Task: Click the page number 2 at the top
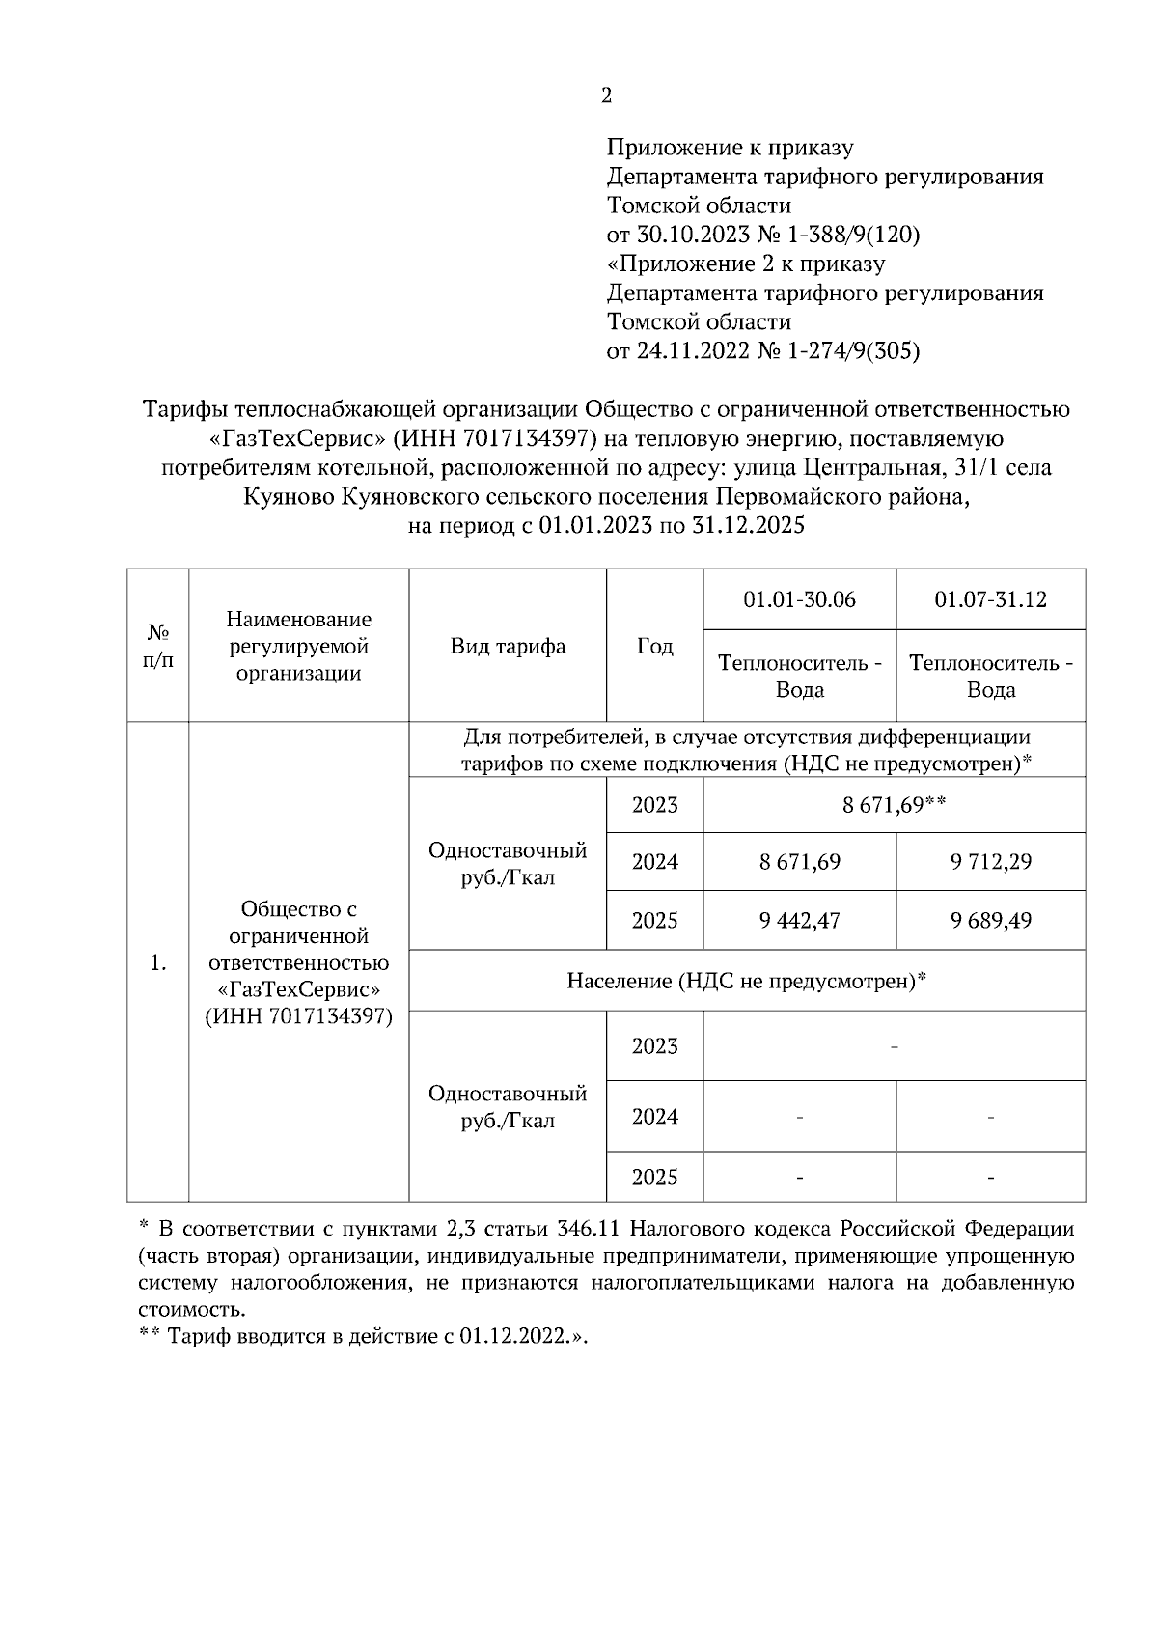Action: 606,96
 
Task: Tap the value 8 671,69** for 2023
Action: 894,804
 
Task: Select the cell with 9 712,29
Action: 990,861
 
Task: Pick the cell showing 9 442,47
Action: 799,920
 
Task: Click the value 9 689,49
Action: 990,920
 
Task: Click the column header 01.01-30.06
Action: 799,599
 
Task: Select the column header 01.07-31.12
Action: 990,599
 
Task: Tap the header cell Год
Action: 654,646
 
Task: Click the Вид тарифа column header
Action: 508,646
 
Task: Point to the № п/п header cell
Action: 158,646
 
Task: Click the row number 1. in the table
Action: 158,962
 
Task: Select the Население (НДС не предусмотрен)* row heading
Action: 747,981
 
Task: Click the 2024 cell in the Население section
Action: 654,1116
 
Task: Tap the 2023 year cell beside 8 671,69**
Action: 654,804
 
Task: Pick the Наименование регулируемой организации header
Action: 299,646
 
